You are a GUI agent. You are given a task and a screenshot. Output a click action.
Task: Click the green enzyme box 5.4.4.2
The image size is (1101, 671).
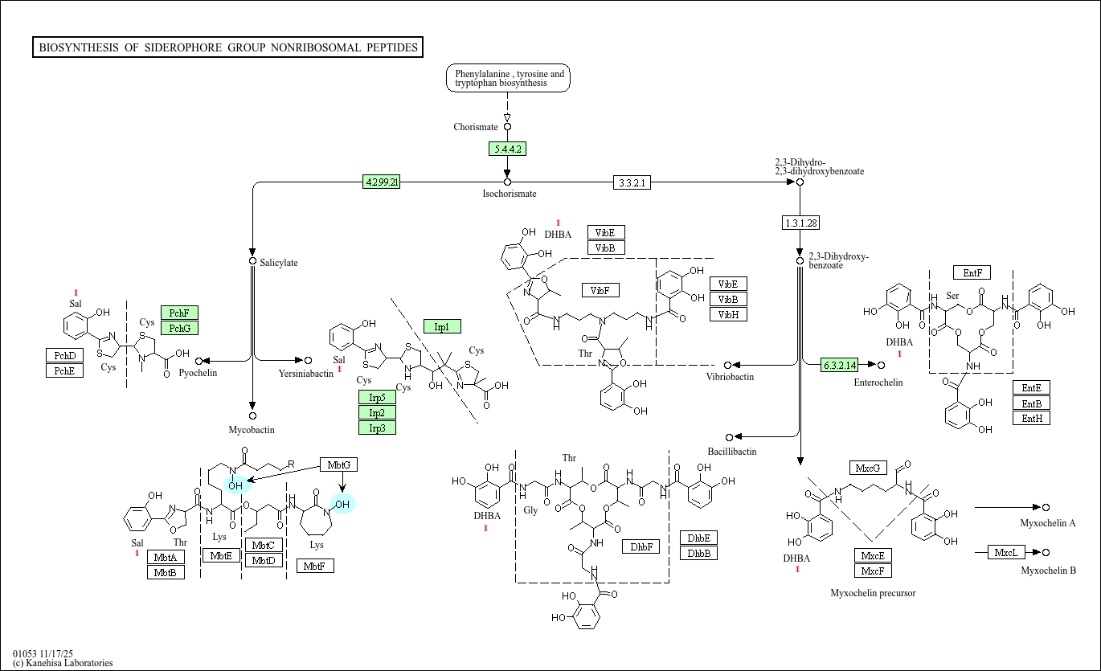click(507, 149)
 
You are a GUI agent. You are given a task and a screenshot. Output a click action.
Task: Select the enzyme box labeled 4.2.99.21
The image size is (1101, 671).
click(382, 182)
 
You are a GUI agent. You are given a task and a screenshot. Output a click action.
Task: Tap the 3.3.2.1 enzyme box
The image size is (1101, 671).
click(632, 182)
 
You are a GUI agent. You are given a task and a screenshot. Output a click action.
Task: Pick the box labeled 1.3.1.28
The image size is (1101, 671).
click(800, 223)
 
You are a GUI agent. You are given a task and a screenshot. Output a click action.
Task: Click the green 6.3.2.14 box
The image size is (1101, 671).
click(840, 366)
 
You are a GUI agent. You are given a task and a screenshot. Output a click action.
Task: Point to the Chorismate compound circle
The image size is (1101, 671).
click(507, 126)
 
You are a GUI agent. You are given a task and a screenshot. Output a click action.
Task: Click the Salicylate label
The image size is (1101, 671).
click(278, 263)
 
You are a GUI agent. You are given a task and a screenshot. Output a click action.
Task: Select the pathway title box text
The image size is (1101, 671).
click(228, 47)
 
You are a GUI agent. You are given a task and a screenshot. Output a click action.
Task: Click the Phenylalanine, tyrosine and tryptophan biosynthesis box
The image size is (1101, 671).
click(508, 78)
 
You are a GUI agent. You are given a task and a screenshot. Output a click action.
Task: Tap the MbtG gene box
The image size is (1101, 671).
click(339, 464)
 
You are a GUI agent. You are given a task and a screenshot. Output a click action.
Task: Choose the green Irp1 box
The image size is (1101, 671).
click(442, 326)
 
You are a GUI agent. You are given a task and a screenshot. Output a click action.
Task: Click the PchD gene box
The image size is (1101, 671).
click(64, 355)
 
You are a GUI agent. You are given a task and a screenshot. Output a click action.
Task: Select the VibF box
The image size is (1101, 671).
click(600, 290)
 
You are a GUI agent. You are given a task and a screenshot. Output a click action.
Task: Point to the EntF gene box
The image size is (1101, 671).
click(972, 272)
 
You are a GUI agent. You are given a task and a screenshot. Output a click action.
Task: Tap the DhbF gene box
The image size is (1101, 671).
click(641, 546)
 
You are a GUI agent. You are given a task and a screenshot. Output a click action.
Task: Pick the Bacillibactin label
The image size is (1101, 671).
click(731, 452)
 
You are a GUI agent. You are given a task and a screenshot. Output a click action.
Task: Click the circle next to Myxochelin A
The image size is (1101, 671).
click(1046, 507)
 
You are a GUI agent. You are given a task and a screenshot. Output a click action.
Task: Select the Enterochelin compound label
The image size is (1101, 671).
click(878, 383)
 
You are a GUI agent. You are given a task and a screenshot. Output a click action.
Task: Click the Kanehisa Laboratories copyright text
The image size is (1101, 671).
click(63, 663)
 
